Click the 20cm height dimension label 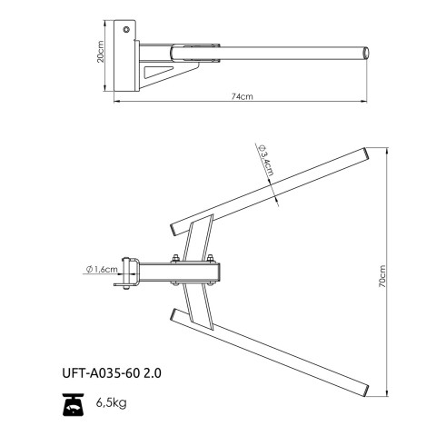tap(101, 52)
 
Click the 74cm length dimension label tap(243, 96)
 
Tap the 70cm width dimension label tap(382, 276)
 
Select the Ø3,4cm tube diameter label tap(266, 160)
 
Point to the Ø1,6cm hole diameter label tap(102, 269)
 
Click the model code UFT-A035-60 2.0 tap(112, 373)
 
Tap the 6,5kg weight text tap(112, 402)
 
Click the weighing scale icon tap(73, 404)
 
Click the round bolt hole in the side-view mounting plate tap(126, 29)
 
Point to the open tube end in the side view tap(366, 54)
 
